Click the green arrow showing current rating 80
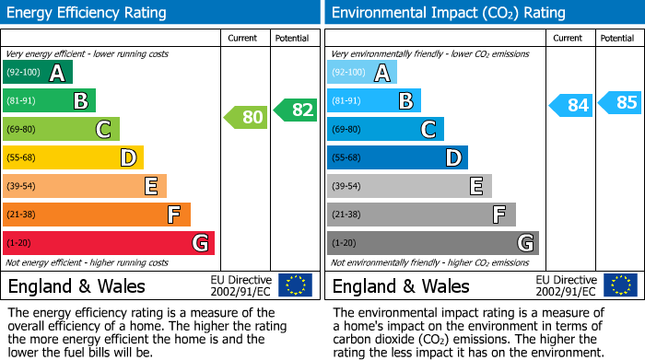click(x=247, y=117)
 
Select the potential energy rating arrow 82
click(x=296, y=110)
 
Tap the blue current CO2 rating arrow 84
click(x=571, y=105)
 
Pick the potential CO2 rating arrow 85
click(x=620, y=102)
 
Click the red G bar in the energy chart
click(x=109, y=243)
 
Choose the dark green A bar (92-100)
click(x=38, y=72)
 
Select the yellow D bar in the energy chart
click(x=73, y=157)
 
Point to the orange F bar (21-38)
click(x=97, y=215)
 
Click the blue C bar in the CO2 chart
click(x=385, y=129)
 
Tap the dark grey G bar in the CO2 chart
click(x=432, y=243)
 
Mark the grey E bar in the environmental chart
click(x=409, y=186)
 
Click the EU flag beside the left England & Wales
click(x=295, y=285)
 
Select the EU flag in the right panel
click(x=619, y=285)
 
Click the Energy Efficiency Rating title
click(x=88, y=13)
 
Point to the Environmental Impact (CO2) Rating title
click(x=448, y=13)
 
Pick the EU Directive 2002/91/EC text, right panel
click(x=567, y=285)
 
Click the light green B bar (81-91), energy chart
click(x=49, y=100)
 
